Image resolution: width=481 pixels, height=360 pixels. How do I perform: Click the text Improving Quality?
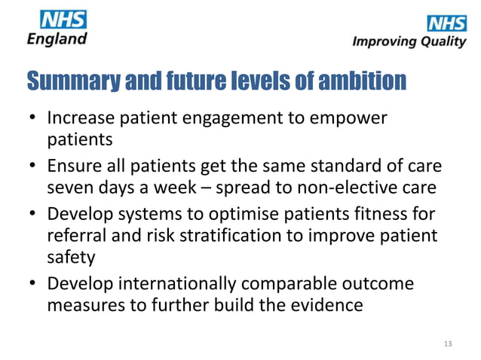409,41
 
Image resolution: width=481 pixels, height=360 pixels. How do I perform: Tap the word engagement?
228,119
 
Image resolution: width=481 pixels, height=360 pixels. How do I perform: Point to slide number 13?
448,344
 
